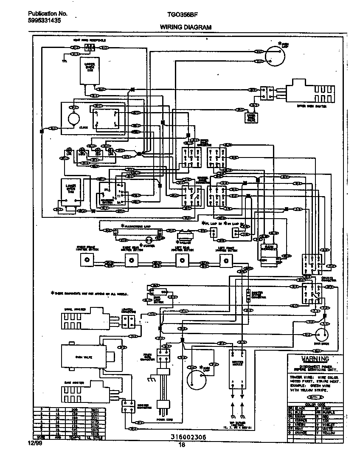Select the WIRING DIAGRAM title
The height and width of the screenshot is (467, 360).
(x=186, y=27)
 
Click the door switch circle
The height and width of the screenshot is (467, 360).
(x=322, y=334)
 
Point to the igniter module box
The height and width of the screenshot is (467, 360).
(x=238, y=369)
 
